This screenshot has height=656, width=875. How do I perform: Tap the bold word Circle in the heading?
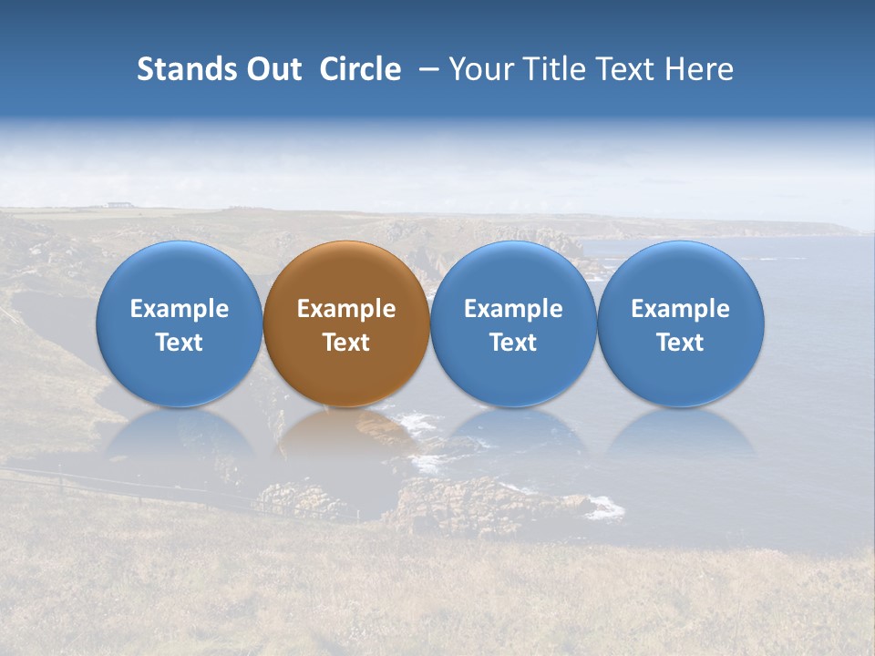pos(360,70)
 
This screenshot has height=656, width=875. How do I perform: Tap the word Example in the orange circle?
pos(346,310)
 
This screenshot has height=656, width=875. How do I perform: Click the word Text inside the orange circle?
pos(346,343)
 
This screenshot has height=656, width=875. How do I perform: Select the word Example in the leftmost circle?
pos(180,310)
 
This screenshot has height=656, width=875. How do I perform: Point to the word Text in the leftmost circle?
pos(180,343)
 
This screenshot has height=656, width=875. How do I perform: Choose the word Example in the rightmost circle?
pos(680,310)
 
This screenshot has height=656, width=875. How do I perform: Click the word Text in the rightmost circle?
pos(680,343)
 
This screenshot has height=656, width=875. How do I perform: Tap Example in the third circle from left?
pos(513,310)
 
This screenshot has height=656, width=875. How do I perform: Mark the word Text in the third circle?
pos(513,343)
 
